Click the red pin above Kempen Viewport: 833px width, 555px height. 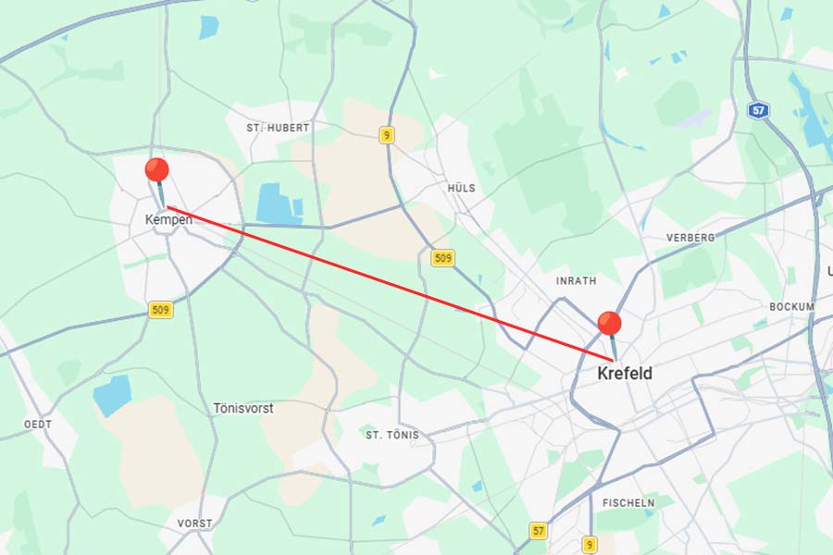[157, 170]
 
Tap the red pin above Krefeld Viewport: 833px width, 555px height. [609, 324]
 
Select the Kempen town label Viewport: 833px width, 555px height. [168, 220]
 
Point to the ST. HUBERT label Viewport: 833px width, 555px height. [278, 128]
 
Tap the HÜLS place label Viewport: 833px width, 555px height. [461, 188]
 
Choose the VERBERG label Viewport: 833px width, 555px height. [690, 238]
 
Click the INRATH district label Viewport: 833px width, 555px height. [576, 280]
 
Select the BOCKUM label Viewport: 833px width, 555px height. [791, 306]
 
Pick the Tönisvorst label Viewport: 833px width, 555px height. [243, 408]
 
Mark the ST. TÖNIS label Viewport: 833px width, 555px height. [392, 435]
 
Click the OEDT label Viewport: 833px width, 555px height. [38, 424]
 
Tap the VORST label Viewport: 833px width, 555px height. [194, 524]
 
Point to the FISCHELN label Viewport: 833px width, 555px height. [628, 502]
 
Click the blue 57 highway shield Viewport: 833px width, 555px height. [758, 110]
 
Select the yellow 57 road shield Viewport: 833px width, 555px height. [539, 530]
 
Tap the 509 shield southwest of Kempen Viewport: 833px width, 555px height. [161, 310]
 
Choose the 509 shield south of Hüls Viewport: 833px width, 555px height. [443, 257]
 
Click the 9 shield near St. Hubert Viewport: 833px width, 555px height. [386, 135]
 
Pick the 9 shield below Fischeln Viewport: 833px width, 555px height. [590, 544]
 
